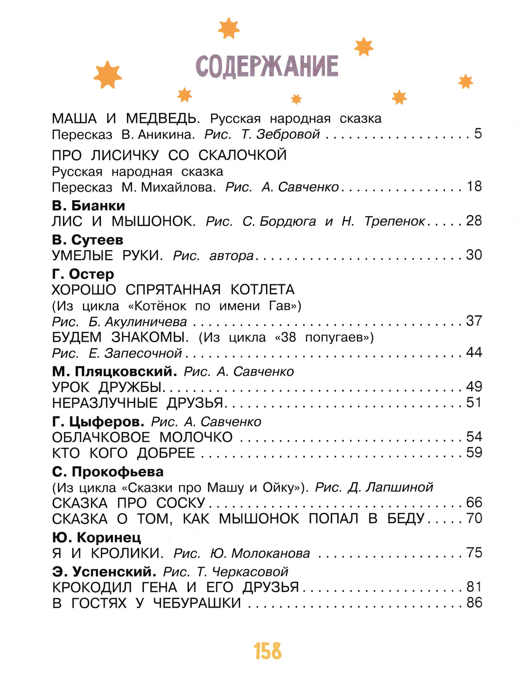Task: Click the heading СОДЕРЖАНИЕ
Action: click(x=267, y=66)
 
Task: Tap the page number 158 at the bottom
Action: click(x=267, y=651)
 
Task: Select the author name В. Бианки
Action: click(x=88, y=206)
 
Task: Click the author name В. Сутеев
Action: click(x=87, y=240)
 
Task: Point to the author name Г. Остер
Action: click(x=83, y=274)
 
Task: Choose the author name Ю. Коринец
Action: click(x=96, y=537)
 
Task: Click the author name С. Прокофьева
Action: click(x=108, y=472)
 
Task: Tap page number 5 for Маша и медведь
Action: click(x=478, y=134)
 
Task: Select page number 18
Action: click(x=474, y=186)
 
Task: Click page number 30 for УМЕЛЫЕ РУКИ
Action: click(x=474, y=255)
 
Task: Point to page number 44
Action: click(x=474, y=352)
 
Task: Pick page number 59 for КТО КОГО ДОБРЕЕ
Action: click(x=474, y=453)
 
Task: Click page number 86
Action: click(x=474, y=603)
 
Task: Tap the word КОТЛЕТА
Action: click(x=262, y=290)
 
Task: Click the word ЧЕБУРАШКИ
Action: click(x=197, y=603)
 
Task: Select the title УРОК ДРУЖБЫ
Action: click(x=107, y=387)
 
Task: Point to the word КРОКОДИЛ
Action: click(x=92, y=587)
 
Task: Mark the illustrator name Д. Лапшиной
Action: click(x=390, y=487)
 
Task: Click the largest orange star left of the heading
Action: click(x=108, y=75)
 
